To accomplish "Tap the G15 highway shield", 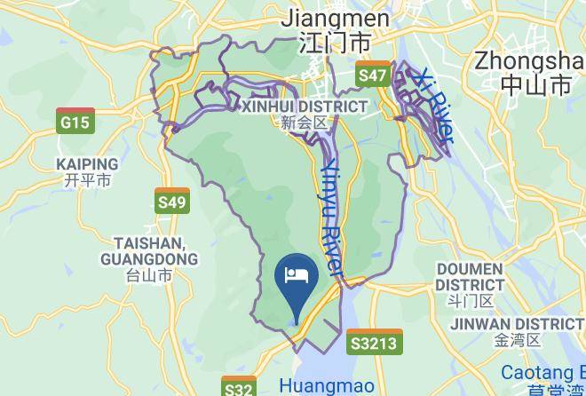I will pyautogui.click(x=75, y=122).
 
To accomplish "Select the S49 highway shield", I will pyautogui.click(x=171, y=202).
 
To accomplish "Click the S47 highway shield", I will pyautogui.click(x=373, y=75).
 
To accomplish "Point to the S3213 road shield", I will pyautogui.click(x=375, y=343).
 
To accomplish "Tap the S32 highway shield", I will pyautogui.click(x=238, y=388).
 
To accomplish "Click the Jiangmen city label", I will pyautogui.click(x=335, y=19).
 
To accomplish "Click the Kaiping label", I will pyautogui.click(x=87, y=164).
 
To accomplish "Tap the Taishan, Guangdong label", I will pyautogui.click(x=149, y=250).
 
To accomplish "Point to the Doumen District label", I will pyautogui.click(x=470, y=276).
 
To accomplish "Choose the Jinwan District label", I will pyautogui.click(x=517, y=324).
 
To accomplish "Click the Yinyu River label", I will pyautogui.click(x=331, y=218).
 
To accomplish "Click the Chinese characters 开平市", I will pyautogui.click(x=87, y=180).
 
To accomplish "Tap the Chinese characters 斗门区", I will pyautogui.click(x=470, y=302).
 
